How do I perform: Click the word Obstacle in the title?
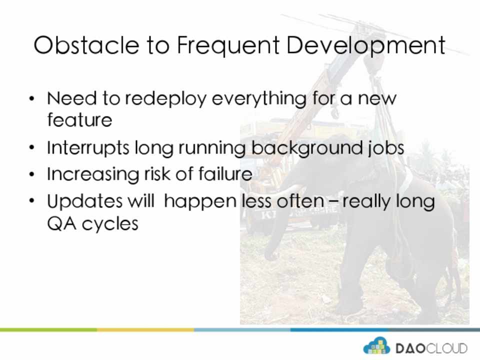coord(86,45)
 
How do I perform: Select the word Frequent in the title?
coord(228,46)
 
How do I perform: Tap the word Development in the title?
coord(365,46)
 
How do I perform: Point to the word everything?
coord(259,99)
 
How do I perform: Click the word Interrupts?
coord(88,148)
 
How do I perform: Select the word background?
coord(306,148)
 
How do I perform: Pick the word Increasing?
coord(93,174)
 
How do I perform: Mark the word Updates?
coord(85,201)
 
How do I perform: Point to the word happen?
coord(200,201)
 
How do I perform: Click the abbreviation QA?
coord(61,224)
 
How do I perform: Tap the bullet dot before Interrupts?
coord(32,148)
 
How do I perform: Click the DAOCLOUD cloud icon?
coord(376,346)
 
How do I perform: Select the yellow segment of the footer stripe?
coord(145,330)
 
